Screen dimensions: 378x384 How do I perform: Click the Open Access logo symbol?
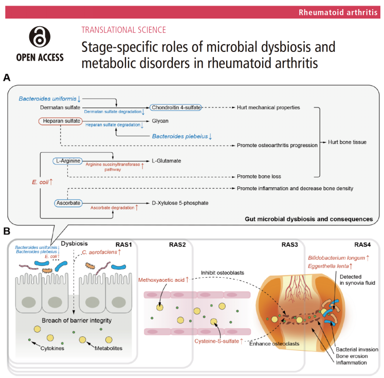tap(40, 37)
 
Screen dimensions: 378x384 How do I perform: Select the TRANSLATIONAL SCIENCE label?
tap(123, 30)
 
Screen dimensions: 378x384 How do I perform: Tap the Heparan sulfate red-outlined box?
tap(60, 121)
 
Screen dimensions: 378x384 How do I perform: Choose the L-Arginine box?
tap(67, 161)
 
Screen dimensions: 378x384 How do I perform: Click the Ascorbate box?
tap(68, 203)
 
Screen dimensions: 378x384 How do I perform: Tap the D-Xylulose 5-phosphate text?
tap(180, 203)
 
